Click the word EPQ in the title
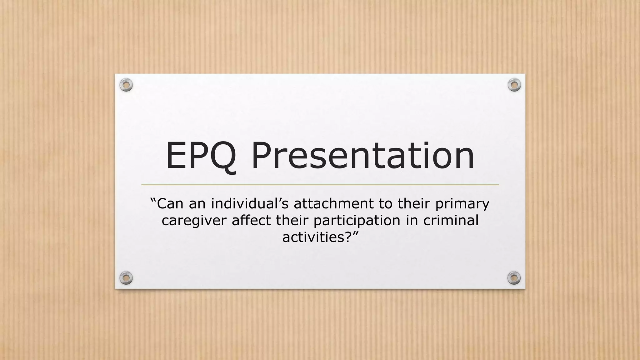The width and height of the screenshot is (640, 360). pyautogui.click(x=201, y=156)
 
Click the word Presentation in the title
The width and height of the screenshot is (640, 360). pyautogui.click(x=363, y=156)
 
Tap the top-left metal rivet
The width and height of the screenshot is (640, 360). pyautogui.click(x=126, y=85)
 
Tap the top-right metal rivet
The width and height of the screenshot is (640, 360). pyautogui.click(x=514, y=85)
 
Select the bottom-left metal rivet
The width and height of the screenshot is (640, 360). pyautogui.click(x=126, y=278)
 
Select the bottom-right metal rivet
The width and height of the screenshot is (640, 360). pyautogui.click(x=514, y=278)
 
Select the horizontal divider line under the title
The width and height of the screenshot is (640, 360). pyautogui.click(x=320, y=185)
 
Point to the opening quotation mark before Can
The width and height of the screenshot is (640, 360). pyautogui.click(x=153, y=200)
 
